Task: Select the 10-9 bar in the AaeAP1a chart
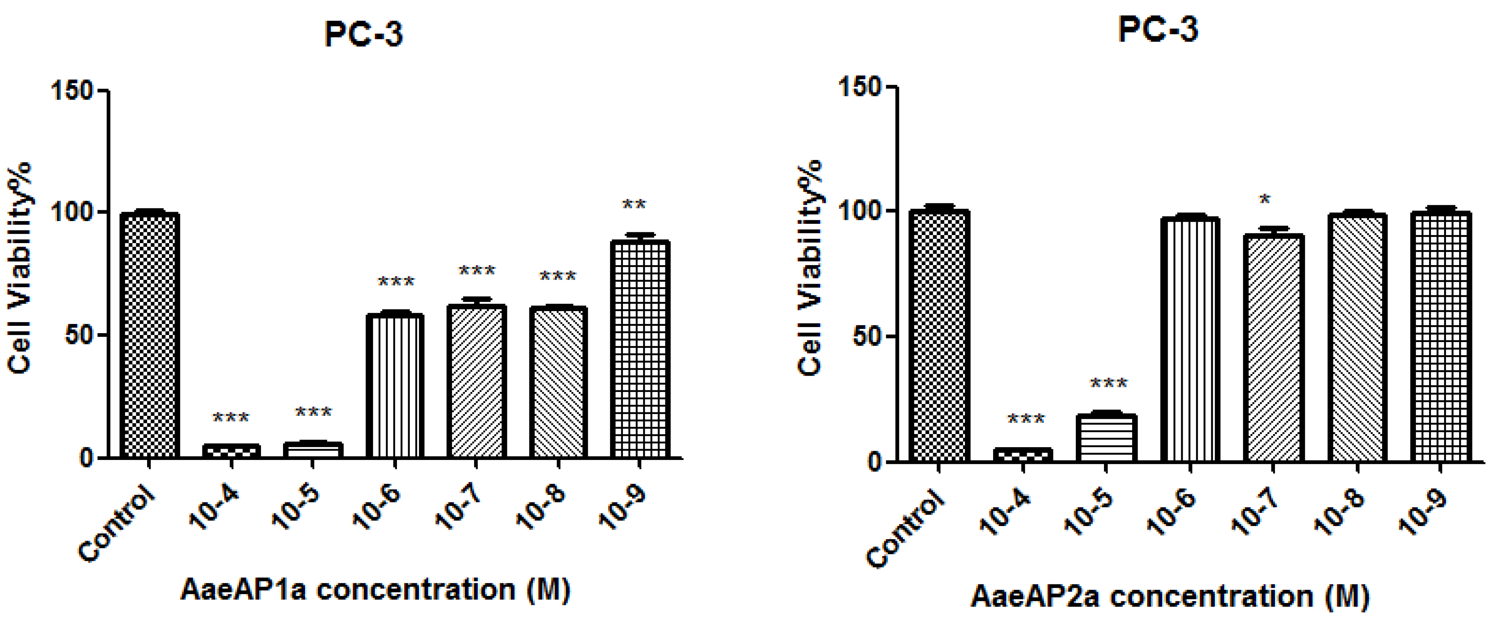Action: pos(640,349)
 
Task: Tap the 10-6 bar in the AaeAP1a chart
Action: pos(395,385)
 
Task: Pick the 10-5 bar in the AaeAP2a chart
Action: pos(1107,438)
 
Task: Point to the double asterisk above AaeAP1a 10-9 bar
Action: pos(634,204)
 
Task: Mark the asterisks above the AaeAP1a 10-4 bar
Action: pos(231,417)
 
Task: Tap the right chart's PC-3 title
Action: pos(1158,29)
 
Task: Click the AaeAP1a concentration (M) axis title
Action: pos(376,590)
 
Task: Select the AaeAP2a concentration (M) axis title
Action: pos(1170,596)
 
